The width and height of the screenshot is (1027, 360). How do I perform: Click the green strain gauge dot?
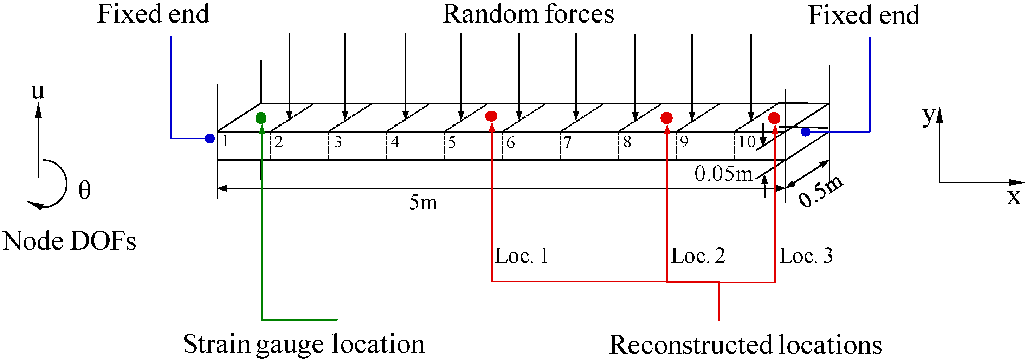click(x=261, y=118)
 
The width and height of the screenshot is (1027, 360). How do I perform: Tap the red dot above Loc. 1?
click(x=491, y=116)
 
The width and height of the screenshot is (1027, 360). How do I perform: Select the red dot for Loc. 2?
click(x=667, y=118)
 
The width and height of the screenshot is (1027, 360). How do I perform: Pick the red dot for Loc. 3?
click(x=774, y=118)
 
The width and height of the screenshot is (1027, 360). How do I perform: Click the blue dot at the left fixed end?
click(x=210, y=138)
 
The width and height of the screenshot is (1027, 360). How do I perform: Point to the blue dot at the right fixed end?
click(x=806, y=131)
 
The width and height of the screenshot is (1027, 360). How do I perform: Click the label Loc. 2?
click(x=698, y=256)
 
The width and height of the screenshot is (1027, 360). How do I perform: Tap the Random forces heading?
click(x=528, y=14)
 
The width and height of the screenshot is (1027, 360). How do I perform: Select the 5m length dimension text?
click(x=423, y=202)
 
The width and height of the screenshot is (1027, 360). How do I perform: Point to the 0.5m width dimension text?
click(x=821, y=191)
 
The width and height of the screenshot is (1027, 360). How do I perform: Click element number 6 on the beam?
click(x=511, y=143)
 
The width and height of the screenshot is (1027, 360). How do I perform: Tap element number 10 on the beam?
click(x=746, y=142)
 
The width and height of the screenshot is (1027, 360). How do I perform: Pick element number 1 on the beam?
click(x=226, y=141)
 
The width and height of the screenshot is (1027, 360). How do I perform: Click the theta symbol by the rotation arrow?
click(x=84, y=190)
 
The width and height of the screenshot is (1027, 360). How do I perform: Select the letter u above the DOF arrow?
click(x=38, y=91)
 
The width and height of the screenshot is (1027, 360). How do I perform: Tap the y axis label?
click(x=928, y=116)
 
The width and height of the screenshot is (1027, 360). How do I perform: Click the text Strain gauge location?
click(x=304, y=344)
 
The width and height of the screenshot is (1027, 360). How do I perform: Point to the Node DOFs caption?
click(x=69, y=241)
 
